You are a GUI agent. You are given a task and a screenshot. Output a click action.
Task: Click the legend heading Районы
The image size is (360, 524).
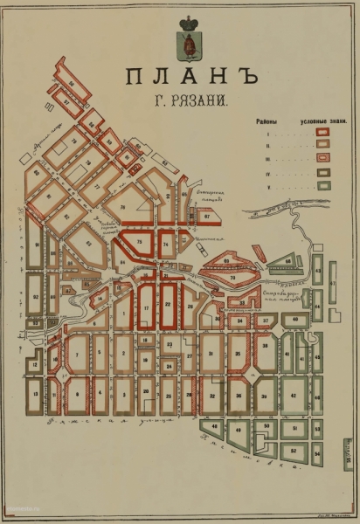[x=267, y=122]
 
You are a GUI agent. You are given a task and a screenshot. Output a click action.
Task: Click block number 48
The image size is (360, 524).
[x=212, y=427]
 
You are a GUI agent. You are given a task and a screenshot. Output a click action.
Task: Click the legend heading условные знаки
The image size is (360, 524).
[x=319, y=122]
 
